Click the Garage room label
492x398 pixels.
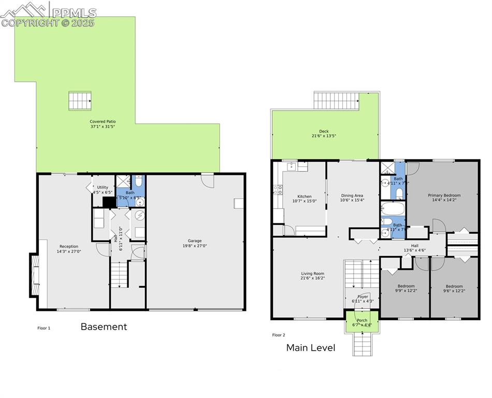(195, 240)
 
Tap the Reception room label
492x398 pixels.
(69, 246)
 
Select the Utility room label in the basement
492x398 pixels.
(103, 187)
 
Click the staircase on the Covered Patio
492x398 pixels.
(80, 101)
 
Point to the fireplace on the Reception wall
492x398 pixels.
(34, 275)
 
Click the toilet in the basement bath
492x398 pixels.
(138, 182)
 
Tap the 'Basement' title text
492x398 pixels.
(104, 327)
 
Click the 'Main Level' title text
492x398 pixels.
(311, 348)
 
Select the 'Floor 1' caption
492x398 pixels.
(45, 328)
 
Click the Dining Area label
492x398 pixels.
(352, 195)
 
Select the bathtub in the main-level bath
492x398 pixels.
(393, 209)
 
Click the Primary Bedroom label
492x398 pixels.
(444, 195)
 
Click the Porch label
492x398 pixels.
(362, 320)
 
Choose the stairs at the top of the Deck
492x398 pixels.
(337, 101)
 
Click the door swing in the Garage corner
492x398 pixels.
(207, 181)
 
